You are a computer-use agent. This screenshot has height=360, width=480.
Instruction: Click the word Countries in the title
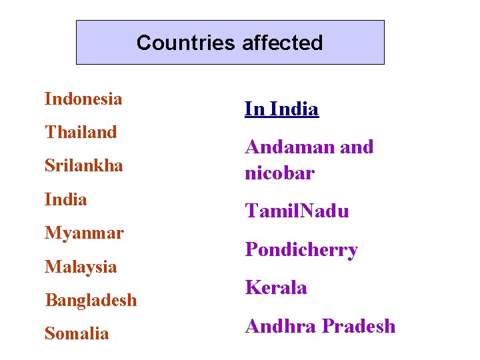point(185,43)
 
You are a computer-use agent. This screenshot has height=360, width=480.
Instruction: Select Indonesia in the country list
point(83,99)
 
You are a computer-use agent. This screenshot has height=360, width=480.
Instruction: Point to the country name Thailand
point(81,132)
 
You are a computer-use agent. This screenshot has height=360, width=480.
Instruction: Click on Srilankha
point(84,165)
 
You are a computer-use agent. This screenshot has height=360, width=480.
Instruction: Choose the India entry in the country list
point(65,199)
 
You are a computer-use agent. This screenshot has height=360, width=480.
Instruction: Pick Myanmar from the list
point(84,233)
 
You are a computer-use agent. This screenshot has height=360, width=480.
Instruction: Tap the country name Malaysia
point(81,267)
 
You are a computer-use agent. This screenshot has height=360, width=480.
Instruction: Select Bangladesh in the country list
point(91,300)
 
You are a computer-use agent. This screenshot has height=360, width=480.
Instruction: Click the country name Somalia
point(77,333)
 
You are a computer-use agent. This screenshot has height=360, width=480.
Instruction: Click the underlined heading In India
point(281,109)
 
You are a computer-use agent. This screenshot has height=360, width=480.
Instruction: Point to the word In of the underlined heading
point(253,109)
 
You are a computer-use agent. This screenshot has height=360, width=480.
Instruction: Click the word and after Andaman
point(357,147)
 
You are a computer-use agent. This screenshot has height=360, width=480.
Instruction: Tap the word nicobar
point(279,173)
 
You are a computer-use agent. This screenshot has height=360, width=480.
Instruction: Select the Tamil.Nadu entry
point(297,211)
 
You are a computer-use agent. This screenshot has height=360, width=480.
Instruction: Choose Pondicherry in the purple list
point(301,249)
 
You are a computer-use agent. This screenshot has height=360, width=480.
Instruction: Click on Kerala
point(276,288)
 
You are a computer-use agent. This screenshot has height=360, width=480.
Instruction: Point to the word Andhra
point(280,326)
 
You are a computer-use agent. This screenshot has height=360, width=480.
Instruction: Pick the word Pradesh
point(359,326)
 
